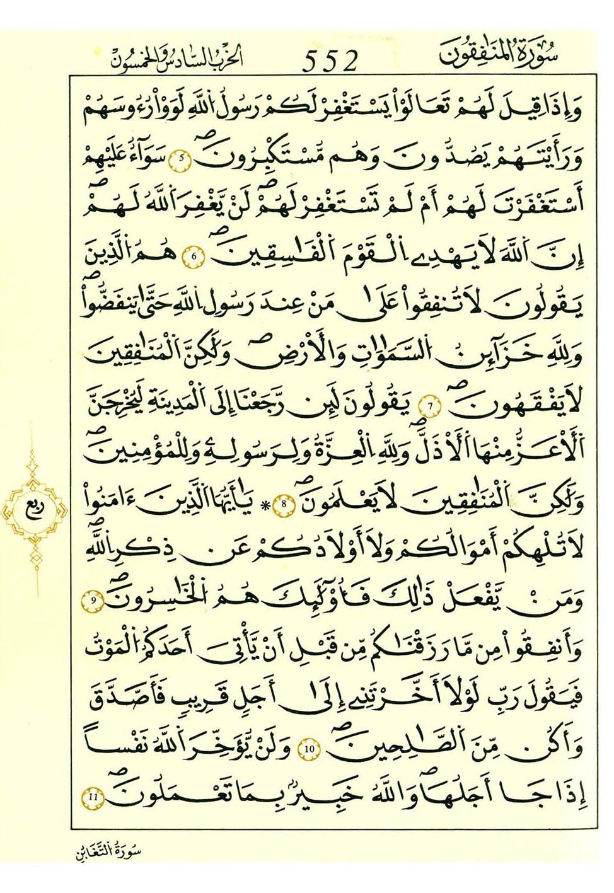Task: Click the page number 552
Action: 330,61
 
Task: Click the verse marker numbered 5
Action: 180,158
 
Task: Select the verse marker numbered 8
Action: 287,504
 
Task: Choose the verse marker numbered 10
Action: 310,749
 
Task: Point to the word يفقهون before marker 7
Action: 517,407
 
